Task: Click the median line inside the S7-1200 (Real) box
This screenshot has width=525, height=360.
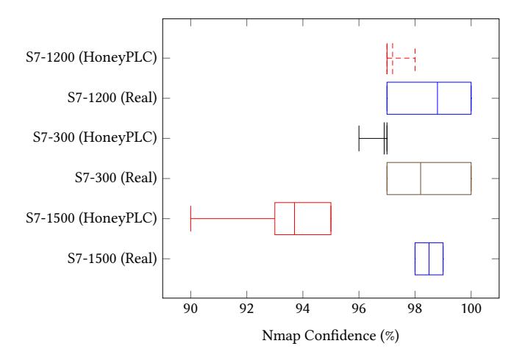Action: (x=438, y=98)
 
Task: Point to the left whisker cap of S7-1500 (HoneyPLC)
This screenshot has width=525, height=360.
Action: (x=191, y=218)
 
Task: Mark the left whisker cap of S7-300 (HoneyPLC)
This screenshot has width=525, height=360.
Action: (x=359, y=138)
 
